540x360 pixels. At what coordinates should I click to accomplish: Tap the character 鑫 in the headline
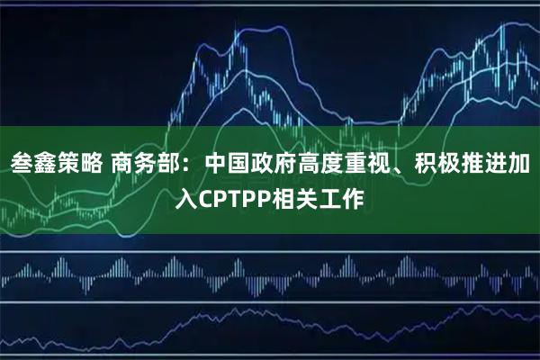point(48,164)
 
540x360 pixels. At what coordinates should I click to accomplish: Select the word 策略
point(86,164)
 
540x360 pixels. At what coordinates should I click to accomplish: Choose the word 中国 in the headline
point(230,164)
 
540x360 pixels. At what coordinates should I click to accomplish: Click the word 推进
point(491,164)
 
